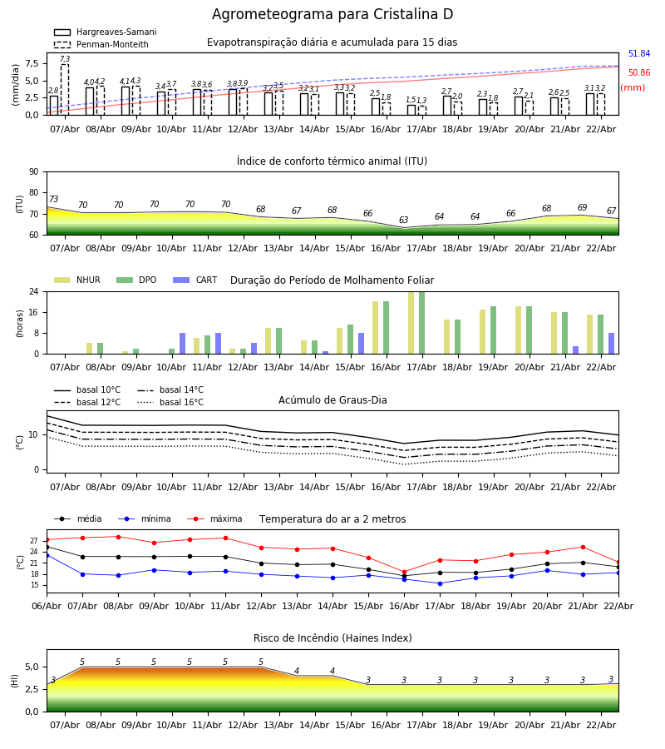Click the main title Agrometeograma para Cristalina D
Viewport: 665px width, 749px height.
332,15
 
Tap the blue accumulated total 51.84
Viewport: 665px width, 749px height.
638,54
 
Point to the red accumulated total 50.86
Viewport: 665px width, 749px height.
638,73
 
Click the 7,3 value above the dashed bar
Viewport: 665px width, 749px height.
65,60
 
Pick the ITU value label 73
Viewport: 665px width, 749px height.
53,200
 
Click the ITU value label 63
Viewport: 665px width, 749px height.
404,221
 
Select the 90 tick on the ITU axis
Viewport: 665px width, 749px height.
33,172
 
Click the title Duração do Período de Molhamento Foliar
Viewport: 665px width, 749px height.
332,280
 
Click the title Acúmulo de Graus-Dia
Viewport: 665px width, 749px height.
332,400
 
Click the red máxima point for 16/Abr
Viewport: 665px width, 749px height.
404,572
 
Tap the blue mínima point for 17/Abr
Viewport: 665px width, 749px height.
440,583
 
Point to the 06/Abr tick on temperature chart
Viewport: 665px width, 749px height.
47,605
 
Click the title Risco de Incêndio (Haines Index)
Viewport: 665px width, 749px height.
332,638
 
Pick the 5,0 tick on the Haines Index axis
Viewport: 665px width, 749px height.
30,667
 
